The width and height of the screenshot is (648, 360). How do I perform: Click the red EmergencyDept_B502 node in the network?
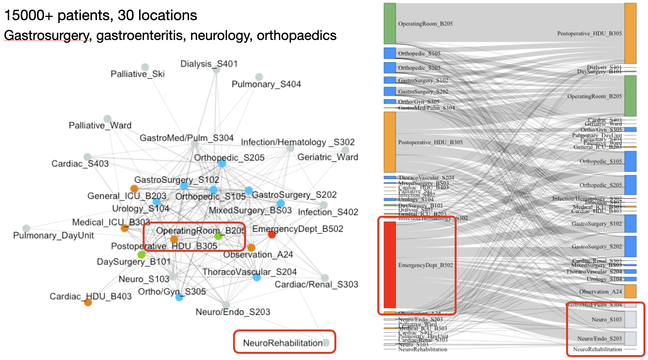[x=272, y=234]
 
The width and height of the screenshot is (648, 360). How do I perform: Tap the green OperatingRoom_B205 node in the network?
[x=218, y=236]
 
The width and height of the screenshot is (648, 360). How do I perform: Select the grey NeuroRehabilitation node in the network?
[x=326, y=342]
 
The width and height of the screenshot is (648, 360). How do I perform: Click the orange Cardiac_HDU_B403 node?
[x=88, y=302]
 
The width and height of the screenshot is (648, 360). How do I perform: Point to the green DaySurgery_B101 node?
[x=141, y=254]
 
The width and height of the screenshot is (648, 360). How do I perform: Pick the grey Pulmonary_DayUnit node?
[x=26, y=228]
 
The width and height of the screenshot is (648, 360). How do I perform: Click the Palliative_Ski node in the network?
[x=145, y=67]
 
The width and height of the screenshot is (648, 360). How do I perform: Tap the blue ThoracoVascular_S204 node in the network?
[x=257, y=277]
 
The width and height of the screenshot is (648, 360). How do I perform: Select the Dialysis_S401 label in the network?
[x=209, y=64]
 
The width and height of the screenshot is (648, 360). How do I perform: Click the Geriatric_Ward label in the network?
[x=328, y=157]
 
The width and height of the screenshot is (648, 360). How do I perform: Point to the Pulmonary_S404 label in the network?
[x=266, y=84]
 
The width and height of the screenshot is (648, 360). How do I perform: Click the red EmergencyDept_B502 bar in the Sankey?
[x=390, y=264]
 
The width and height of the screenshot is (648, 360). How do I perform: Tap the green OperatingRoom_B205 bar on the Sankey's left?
[x=390, y=23]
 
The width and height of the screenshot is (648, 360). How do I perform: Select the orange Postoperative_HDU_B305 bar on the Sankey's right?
[x=630, y=33]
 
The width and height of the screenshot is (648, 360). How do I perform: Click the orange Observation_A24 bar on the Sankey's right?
[x=630, y=291]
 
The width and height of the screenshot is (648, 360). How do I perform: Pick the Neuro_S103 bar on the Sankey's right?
[x=630, y=319]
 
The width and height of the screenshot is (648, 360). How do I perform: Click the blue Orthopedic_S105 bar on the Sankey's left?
[x=390, y=53]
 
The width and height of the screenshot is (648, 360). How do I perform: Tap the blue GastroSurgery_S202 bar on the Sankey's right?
[x=630, y=246]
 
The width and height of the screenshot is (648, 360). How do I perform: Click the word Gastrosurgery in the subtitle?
[x=46, y=35]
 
